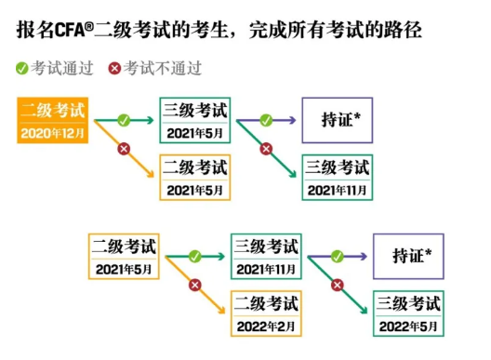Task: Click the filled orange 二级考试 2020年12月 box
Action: [52, 120]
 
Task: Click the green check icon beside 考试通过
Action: [21, 68]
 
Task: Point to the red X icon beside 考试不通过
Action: [114, 68]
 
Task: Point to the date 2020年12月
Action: [52, 132]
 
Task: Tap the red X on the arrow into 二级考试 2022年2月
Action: [195, 286]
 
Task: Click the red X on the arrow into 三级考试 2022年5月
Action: [337, 286]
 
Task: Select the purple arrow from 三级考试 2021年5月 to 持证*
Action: [279, 120]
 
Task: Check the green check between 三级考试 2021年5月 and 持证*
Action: [266, 120]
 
